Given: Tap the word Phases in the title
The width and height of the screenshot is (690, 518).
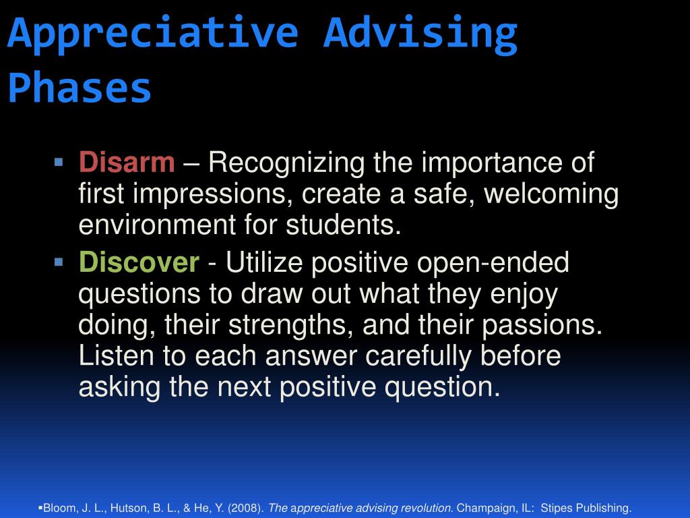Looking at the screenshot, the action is click(80, 86).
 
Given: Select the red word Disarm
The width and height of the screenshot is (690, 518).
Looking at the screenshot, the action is click(127, 162).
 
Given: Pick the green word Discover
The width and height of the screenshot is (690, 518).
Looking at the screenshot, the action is click(139, 262).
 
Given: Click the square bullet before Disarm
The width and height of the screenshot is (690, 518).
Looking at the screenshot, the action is click(59, 162).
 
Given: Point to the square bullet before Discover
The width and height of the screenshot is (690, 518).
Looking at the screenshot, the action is click(59, 262).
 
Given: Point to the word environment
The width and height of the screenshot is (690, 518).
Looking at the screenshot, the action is click(157, 225).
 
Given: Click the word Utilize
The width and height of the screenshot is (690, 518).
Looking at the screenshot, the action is click(264, 262).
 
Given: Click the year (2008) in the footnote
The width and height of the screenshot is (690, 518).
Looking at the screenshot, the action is click(245, 508).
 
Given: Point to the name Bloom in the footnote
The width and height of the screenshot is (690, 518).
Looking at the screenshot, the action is click(60, 508).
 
